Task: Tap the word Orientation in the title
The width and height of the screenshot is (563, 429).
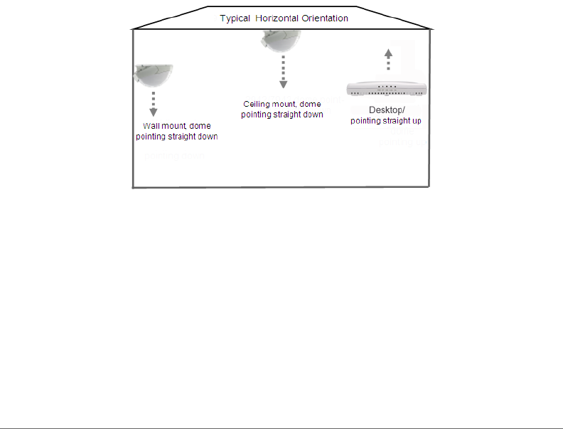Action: tap(326, 18)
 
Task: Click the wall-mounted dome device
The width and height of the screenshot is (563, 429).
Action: tap(154, 74)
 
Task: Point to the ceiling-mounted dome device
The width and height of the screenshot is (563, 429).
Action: tap(282, 41)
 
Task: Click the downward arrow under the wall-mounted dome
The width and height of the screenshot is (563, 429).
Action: tap(153, 104)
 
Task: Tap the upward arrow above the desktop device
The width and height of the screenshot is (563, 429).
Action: tap(387, 60)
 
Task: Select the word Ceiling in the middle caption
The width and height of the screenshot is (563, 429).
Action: tap(256, 105)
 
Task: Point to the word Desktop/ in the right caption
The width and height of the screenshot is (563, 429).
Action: tap(387, 110)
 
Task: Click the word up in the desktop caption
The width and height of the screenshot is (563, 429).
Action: tap(415, 120)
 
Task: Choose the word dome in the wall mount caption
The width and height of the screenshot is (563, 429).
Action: tap(200, 127)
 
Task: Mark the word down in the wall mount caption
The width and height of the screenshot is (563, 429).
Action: tap(207, 137)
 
